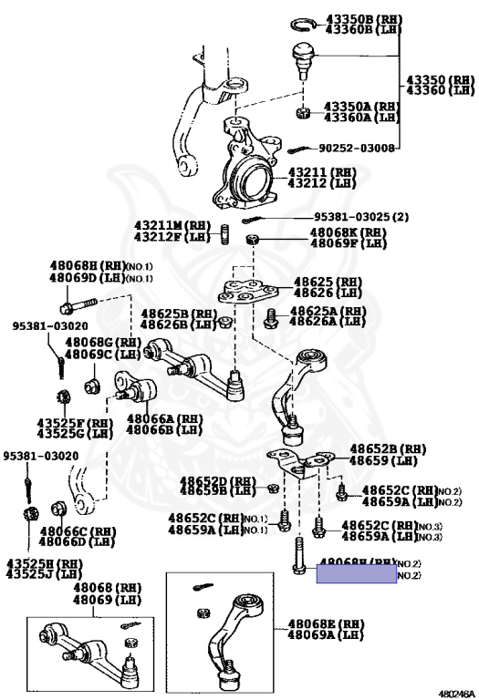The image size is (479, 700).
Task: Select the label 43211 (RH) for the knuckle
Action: tap(322, 171)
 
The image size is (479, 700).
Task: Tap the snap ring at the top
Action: tap(303, 23)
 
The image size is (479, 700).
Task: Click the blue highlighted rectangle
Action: tap(356, 573)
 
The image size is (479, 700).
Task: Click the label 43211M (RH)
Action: tap(172, 226)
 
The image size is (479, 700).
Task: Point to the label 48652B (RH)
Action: tap(388, 449)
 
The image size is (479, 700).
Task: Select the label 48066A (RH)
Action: tap(164, 419)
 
